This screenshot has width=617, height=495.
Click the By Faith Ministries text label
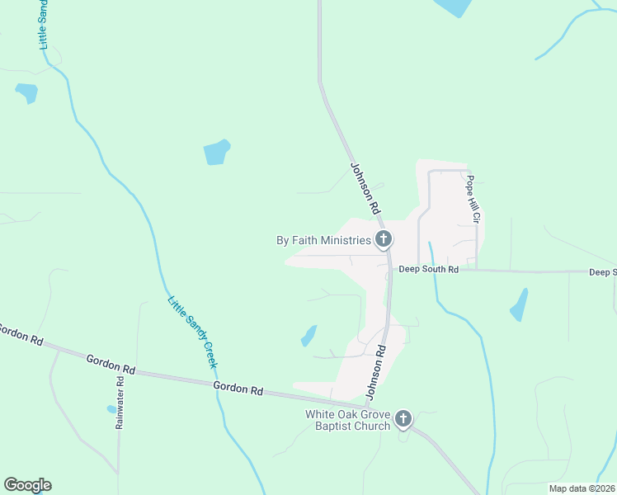[323, 241]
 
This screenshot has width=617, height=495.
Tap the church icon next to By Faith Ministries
[383, 240]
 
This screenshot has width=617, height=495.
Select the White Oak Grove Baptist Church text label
[347, 420]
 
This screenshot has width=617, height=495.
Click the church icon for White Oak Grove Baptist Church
[403, 419]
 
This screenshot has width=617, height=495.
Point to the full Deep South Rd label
[428, 269]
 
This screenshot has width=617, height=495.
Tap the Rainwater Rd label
[120, 403]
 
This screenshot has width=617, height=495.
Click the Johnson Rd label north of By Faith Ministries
[364, 186]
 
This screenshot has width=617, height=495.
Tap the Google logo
[27, 485]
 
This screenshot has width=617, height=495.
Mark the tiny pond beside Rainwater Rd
[111, 408]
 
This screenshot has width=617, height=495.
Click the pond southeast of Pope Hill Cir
[519, 305]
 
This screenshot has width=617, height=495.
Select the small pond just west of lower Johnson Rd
[308, 336]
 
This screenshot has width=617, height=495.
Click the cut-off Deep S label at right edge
[602, 272]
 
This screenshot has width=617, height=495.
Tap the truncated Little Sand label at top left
[45, 25]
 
